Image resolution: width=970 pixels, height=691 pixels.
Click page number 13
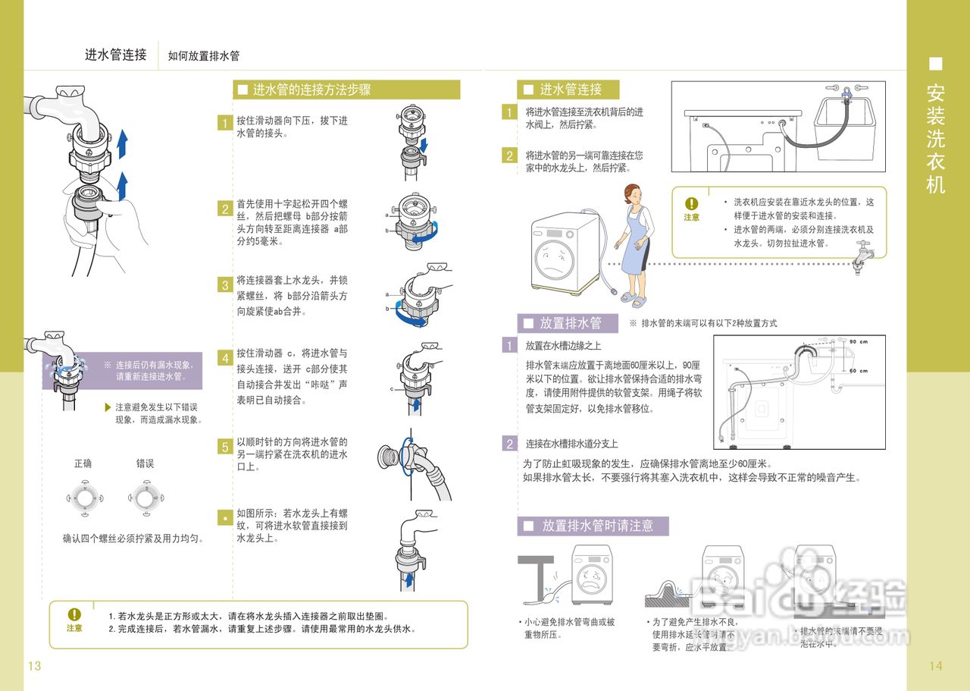pyautogui.click(x=34, y=666)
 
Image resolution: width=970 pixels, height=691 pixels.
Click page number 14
pyautogui.click(x=935, y=666)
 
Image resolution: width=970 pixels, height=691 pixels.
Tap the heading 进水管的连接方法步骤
pyautogui.click(x=311, y=90)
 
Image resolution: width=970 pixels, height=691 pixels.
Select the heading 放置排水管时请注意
pyautogui.click(x=597, y=526)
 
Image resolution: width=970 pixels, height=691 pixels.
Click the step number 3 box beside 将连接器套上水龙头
pyautogui.click(x=224, y=285)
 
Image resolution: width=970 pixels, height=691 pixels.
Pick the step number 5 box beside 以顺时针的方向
pyautogui.click(x=224, y=447)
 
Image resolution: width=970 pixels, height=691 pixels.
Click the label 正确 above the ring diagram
pyautogui.click(x=83, y=463)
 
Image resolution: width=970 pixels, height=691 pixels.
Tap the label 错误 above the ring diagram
pyautogui.click(x=145, y=463)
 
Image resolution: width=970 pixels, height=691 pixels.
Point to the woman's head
pyautogui.click(x=634, y=194)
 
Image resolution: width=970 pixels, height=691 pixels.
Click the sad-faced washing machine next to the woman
pyautogui.click(x=565, y=254)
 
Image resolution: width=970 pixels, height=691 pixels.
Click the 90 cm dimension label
pyautogui.click(x=858, y=341)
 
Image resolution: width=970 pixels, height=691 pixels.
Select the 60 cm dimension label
pyautogui.click(x=858, y=371)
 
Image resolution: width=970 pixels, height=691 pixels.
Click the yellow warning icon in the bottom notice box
pyautogui.click(x=74, y=614)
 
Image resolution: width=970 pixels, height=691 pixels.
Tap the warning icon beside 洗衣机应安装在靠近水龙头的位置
pyautogui.click(x=691, y=203)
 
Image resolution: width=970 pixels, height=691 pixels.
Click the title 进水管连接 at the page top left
pyautogui.click(x=116, y=55)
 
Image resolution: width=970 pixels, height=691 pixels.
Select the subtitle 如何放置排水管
pyautogui.click(x=204, y=56)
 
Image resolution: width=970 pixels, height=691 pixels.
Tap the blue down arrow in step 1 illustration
pyautogui.click(x=424, y=143)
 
